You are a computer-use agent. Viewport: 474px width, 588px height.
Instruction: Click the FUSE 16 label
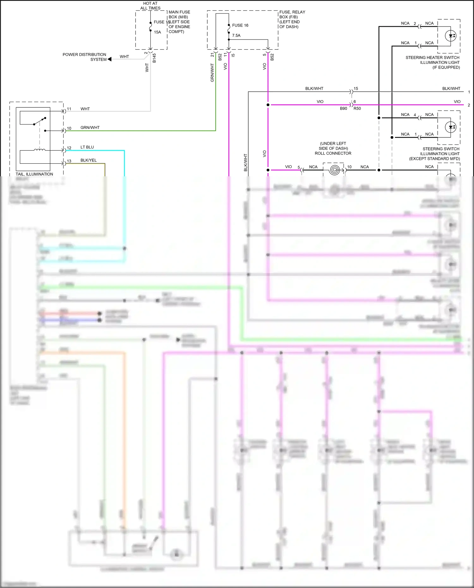tap(240, 25)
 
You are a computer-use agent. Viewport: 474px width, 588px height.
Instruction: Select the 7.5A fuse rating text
tap(236, 35)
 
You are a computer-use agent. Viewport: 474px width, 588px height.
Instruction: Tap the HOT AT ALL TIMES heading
tap(150, 6)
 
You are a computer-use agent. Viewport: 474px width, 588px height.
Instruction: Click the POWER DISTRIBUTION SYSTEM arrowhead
tap(110, 59)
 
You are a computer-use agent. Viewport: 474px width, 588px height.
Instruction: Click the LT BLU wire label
tap(87, 147)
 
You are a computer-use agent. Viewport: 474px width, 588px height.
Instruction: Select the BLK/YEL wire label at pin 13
tap(88, 160)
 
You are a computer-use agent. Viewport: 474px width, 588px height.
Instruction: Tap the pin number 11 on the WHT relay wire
tap(69, 109)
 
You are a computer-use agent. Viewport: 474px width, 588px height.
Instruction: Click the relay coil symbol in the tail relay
tap(39, 150)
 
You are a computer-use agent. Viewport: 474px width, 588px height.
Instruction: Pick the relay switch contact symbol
tap(40, 121)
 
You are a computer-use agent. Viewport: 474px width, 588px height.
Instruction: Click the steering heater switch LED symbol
tap(450, 36)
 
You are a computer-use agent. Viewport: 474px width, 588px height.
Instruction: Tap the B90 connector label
tap(343, 108)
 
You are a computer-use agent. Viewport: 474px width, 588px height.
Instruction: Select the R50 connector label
tap(357, 108)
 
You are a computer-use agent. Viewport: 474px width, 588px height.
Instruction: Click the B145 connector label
tap(154, 58)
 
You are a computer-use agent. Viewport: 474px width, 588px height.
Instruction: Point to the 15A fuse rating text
tap(157, 32)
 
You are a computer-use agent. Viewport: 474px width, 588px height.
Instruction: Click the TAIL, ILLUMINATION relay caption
tap(34, 174)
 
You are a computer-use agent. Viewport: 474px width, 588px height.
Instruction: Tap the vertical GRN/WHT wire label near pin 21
tap(212, 73)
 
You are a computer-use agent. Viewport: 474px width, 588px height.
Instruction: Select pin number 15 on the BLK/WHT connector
tap(356, 88)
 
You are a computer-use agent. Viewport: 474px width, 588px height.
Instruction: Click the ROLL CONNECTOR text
tap(333, 153)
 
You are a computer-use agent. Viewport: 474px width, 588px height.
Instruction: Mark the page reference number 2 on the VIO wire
tap(469, 105)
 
